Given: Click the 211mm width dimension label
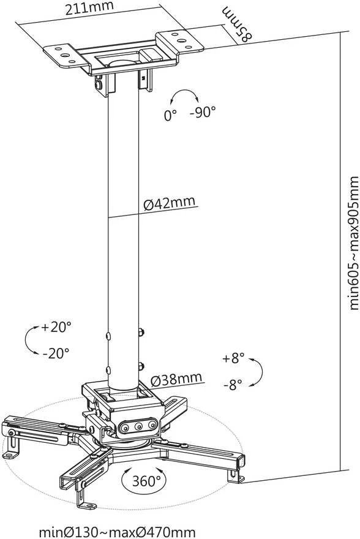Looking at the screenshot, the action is click(89, 8).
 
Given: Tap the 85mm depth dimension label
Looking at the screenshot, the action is click(237, 24).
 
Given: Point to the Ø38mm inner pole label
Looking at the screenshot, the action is click(176, 379).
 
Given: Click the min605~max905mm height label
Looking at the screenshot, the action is click(354, 243).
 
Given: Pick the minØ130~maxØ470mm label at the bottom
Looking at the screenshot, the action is click(117, 532).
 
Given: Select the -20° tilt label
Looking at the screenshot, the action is click(56, 353).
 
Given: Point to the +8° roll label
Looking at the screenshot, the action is click(233, 358).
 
